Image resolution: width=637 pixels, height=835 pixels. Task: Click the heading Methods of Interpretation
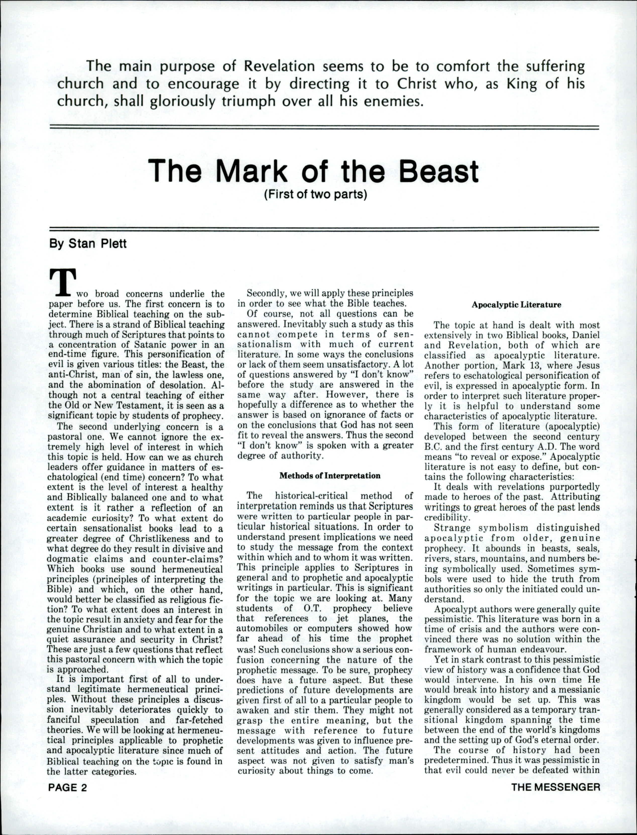330,476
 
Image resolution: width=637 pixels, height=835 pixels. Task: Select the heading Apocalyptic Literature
516,305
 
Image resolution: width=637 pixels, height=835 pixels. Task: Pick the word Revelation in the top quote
279,66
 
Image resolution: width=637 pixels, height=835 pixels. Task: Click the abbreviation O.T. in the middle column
312,609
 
